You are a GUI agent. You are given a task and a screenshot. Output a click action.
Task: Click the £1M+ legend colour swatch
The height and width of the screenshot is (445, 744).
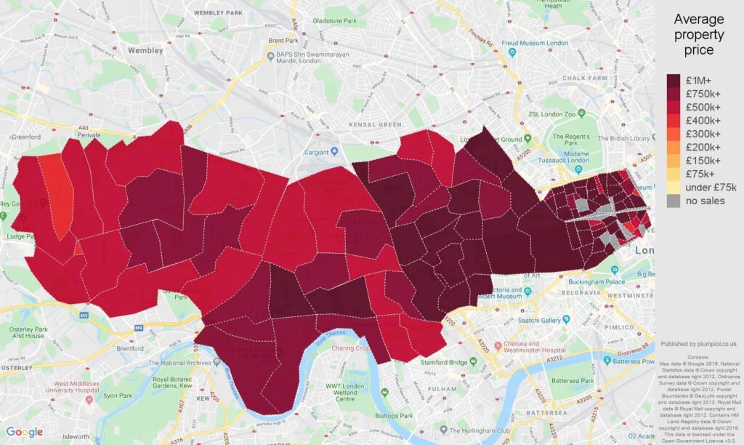pos(674,80)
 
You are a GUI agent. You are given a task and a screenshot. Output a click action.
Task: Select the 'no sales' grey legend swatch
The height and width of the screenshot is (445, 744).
pos(674,201)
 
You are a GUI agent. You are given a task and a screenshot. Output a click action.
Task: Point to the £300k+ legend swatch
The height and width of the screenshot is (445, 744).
pos(674,134)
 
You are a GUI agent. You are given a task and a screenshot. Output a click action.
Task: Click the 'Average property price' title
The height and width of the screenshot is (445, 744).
pos(698,35)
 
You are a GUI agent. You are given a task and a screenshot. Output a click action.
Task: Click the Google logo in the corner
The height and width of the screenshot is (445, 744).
pos(25,432)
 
